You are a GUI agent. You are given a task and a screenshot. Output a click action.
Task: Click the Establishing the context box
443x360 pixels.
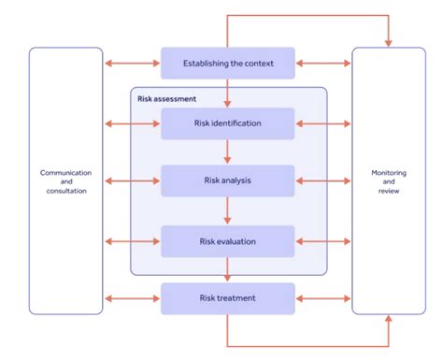(x=227, y=64)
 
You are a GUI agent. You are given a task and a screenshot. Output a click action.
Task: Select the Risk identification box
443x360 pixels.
(x=227, y=122)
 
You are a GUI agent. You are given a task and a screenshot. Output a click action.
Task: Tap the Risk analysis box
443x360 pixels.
(x=227, y=180)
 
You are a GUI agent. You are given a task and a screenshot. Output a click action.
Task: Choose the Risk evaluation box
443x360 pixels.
(x=227, y=241)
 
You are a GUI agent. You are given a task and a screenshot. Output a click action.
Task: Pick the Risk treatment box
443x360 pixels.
(x=227, y=298)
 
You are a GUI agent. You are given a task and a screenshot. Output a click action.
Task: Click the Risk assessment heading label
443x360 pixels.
(x=164, y=96)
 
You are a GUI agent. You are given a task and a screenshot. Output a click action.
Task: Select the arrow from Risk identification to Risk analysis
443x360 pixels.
(x=227, y=151)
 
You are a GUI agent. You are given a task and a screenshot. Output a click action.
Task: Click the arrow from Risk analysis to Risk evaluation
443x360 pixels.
(x=227, y=210)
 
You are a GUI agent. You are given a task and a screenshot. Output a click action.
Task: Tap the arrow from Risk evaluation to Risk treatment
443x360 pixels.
(x=227, y=269)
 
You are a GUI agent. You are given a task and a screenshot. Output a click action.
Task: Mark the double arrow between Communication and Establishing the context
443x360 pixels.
(x=132, y=64)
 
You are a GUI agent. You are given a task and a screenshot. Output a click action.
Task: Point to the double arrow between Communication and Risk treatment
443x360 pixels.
(x=132, y=298)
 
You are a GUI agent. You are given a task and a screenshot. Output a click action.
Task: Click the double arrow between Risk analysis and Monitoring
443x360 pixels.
(x=323, y=180)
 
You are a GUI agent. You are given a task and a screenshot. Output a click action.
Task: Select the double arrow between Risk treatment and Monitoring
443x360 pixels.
(x=323, y=298)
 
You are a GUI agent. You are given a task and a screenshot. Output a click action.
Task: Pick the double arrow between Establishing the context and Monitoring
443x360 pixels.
(x=323, y=64)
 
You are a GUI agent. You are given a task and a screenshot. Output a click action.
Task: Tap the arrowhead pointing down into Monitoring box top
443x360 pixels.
(x=388, y=42)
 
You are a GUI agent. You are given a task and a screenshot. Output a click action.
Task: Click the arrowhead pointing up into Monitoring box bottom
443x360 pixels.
(x=388, y=320)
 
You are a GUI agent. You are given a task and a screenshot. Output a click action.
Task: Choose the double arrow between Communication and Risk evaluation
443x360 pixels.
(x=132, y=241)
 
